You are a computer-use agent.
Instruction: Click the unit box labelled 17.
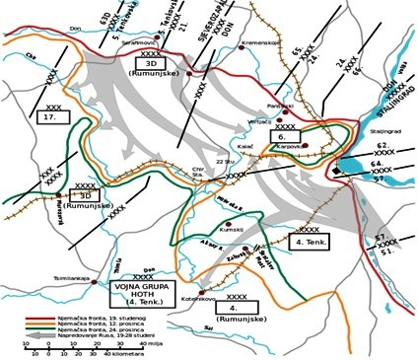click(51, 115)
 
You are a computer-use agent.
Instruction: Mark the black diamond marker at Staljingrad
click(337, 172)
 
